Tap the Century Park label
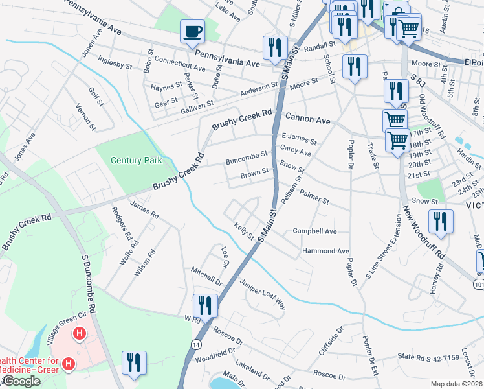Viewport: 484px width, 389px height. pyautogui.click(x=136, y=160)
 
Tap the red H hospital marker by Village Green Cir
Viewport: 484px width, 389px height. pyautogui.click(x=80, y=334)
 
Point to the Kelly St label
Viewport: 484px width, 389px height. pyautogui.click(x=245, y=231)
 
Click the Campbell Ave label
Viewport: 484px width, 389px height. pyautogui.click(x=315, y=231)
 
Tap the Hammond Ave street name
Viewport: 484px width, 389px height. pyautogui.click(x=325, y=251)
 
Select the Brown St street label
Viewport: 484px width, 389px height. pyautogui.click(x=254, y=173)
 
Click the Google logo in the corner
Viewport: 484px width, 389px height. pyautogui.click(x=21, y=381)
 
